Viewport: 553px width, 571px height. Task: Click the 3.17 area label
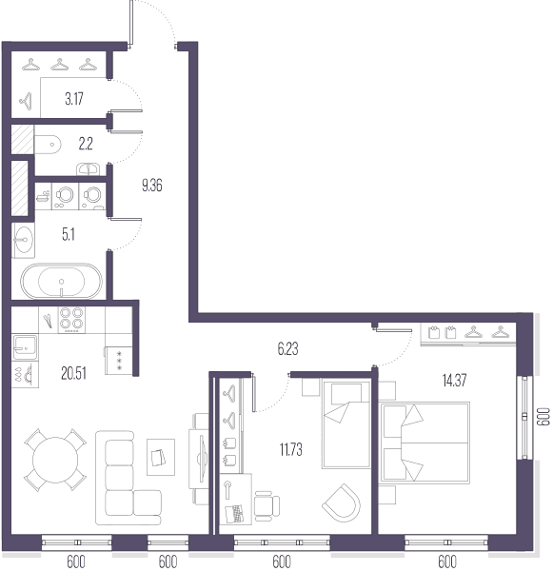point(74,99)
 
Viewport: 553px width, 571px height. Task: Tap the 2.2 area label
point(86,144)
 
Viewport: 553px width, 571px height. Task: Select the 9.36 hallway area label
point(152,186)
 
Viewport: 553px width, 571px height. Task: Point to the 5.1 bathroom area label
point(69,234)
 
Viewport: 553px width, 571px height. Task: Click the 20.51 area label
point(73,374)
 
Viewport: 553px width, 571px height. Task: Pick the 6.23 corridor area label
point(287,349)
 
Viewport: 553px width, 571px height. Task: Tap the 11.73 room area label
point(290,450)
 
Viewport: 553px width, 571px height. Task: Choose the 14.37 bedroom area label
point(454,380)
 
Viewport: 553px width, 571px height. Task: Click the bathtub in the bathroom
point(61,281)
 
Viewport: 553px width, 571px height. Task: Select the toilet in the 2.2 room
point(48,145)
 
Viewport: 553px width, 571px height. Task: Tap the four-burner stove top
point(71,320)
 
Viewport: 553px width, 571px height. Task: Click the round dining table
point(55,460)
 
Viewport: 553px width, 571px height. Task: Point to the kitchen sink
point(25,347)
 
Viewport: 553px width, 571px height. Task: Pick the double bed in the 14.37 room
point(425,443)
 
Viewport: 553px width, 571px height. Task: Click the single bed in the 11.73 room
point(346,424)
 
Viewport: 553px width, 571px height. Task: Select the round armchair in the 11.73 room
point(342,502)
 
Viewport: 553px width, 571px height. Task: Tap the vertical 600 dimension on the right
point(543,417)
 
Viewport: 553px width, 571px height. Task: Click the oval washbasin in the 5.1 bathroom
point(24,240)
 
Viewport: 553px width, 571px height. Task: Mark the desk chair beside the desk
point(267,506)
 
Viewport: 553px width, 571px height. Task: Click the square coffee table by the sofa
point(161,457)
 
